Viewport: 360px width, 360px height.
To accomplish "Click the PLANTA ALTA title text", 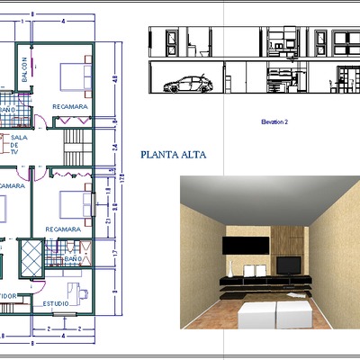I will tap(174, 154).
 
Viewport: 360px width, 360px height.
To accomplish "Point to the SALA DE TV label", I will tap(17, 144).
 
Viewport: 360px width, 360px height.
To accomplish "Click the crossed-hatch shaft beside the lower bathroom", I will tap(31, 257).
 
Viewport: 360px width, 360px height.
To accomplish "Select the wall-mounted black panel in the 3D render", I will tap(246, 245).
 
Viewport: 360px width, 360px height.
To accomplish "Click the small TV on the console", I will tap(289, 265).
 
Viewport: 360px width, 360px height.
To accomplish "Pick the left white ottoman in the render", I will tap(256, 314).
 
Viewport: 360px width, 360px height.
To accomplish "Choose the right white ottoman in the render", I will tap(292, 314).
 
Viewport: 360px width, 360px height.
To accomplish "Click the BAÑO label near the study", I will tap(74, 258).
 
